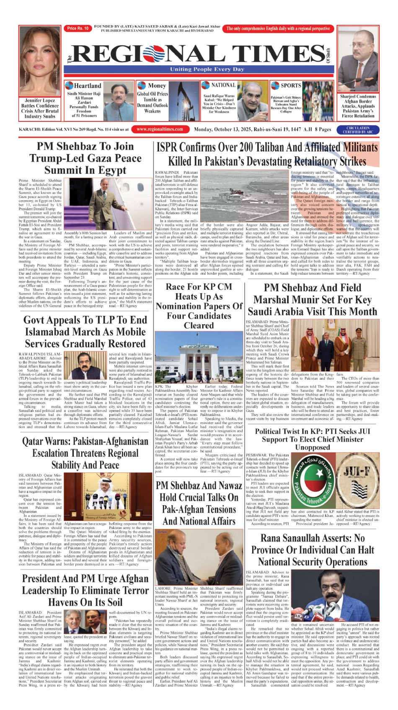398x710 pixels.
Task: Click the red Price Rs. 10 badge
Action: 78,28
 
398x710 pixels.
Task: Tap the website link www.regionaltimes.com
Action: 160,129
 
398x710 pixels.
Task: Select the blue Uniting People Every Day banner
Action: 207,69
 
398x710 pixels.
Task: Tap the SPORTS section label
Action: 290,85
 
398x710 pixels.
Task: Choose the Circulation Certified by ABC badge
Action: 357,130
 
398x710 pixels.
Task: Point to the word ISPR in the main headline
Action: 171,147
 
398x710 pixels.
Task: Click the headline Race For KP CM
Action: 199,287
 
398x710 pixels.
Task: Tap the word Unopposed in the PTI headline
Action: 313,447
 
